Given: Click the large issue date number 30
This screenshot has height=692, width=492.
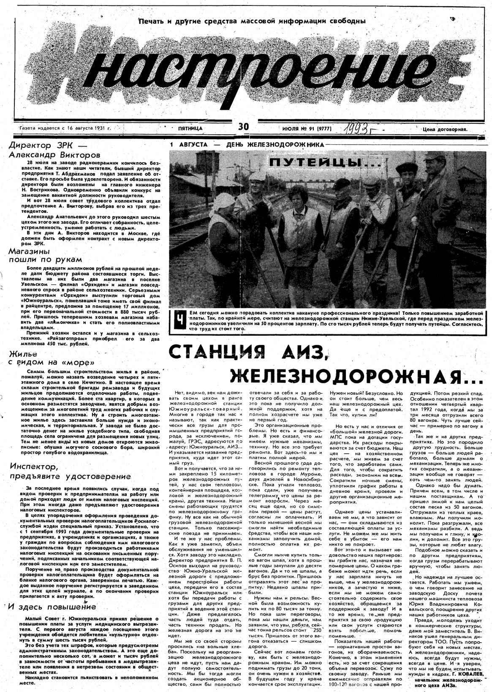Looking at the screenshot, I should click(244, 126).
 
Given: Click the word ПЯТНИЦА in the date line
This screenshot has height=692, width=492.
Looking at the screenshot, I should click(190, 128).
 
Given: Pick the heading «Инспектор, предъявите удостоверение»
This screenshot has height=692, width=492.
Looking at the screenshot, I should click(70, 472).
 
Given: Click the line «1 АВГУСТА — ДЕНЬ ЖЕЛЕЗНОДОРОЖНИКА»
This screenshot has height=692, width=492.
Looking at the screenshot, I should click(247, 145).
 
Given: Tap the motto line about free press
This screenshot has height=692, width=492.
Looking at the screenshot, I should click(252, 21).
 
